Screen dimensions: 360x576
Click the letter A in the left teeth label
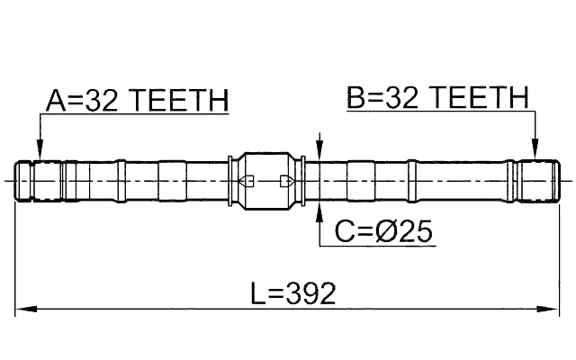click(56, 101)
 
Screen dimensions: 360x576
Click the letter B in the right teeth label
click(357, 99)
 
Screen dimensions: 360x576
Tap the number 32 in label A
click(102, 101)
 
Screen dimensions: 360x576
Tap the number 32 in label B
click(402, 99)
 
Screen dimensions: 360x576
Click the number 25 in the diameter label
click(416, 232)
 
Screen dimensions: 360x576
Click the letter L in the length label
click(258, 293)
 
